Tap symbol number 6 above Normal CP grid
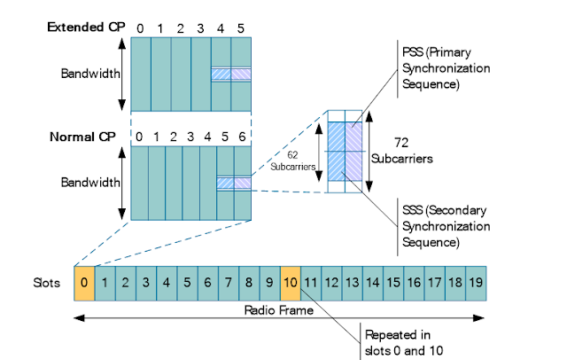(243, 137)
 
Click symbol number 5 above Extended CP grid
(240, 27)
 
